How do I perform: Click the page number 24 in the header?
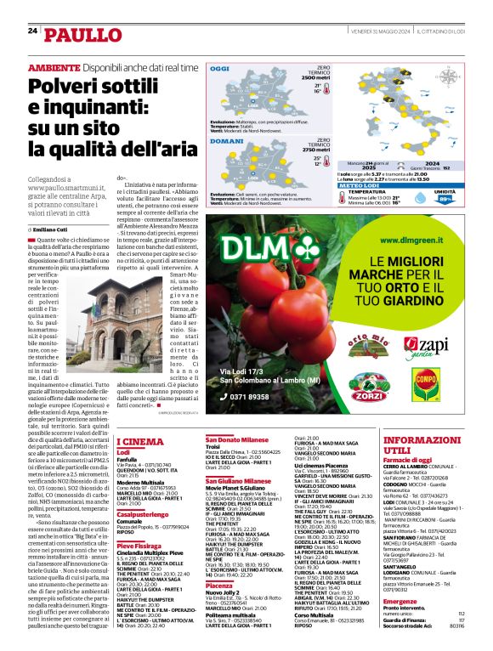point(32,31)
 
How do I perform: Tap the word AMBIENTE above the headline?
point(54,67)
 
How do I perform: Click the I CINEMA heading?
point(140,441)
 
